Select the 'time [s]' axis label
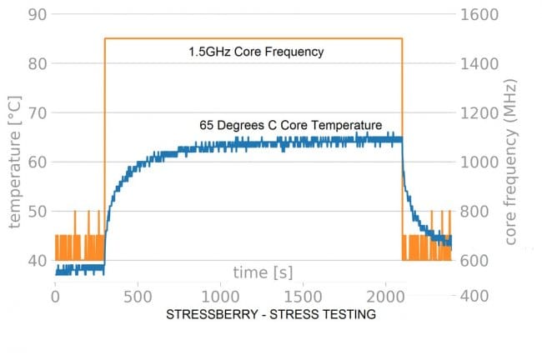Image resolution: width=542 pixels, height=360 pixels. point(261,272)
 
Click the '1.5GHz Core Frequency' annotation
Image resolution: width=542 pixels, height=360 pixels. point(255,52)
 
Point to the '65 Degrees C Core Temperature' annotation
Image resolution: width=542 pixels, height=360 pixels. point(290,125)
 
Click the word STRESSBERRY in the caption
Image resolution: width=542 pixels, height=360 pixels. point(208,315)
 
